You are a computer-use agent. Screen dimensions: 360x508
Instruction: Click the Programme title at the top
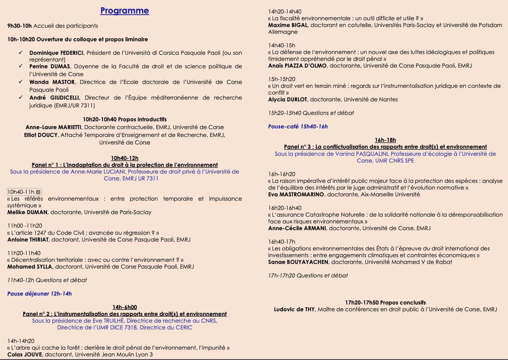[125, 11]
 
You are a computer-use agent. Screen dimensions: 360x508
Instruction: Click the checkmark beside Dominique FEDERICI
[21, 53]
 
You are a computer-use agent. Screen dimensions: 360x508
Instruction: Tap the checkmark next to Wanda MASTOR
[21, 82]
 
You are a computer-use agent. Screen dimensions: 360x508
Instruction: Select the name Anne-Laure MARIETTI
[53, 127]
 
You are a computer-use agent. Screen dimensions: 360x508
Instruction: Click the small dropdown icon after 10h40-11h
[38, 192]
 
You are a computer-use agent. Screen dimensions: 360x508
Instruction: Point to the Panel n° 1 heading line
[125, 165]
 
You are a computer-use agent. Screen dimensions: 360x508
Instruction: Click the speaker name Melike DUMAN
[27, 212]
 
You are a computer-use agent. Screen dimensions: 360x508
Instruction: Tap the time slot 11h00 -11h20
[25, 226]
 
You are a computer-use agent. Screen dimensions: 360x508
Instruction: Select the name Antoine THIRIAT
[28, 240]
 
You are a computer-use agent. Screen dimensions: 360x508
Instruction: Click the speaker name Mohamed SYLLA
[30, 267]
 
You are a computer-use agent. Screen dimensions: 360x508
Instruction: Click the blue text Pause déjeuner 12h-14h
[40, 294]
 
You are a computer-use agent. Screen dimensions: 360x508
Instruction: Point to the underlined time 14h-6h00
[125, 307]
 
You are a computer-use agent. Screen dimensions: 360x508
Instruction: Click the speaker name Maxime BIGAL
[288, 25]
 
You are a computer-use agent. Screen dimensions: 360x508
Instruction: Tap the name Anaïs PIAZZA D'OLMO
[297, 66]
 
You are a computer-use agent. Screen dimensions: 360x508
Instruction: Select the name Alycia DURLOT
[287, 100]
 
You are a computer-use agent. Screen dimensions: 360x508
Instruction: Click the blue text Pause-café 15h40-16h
[298, 127]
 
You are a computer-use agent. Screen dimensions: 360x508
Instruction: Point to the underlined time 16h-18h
[385, 140]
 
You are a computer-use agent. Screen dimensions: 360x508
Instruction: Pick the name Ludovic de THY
[294, 309]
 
